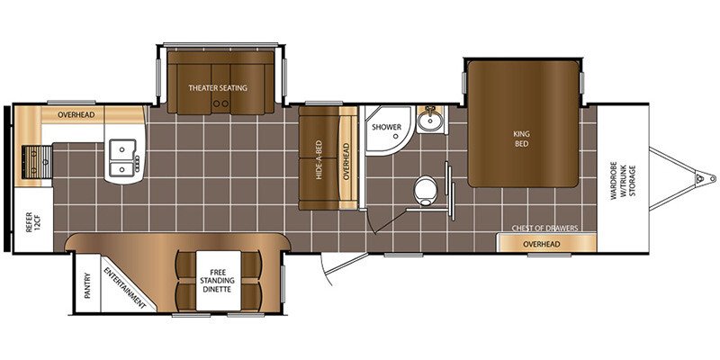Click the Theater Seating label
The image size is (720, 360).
coord(217,87)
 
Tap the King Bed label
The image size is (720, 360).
coord(522,139)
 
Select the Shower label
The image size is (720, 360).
coord(387,127)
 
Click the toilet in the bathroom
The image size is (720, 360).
coord(425,190)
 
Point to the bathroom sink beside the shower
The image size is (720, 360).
coord(431,120)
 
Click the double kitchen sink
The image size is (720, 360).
coord(122,157)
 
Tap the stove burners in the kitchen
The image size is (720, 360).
coord(37,162)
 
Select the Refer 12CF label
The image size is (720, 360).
coord(33,221)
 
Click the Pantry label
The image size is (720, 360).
coord(87,285)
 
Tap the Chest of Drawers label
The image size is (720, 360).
coord(545,229)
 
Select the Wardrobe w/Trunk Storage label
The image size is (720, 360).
coord(623,179)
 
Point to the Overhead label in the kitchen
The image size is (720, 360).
coord(76,114)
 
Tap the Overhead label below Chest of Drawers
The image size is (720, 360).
coord(542,244)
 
